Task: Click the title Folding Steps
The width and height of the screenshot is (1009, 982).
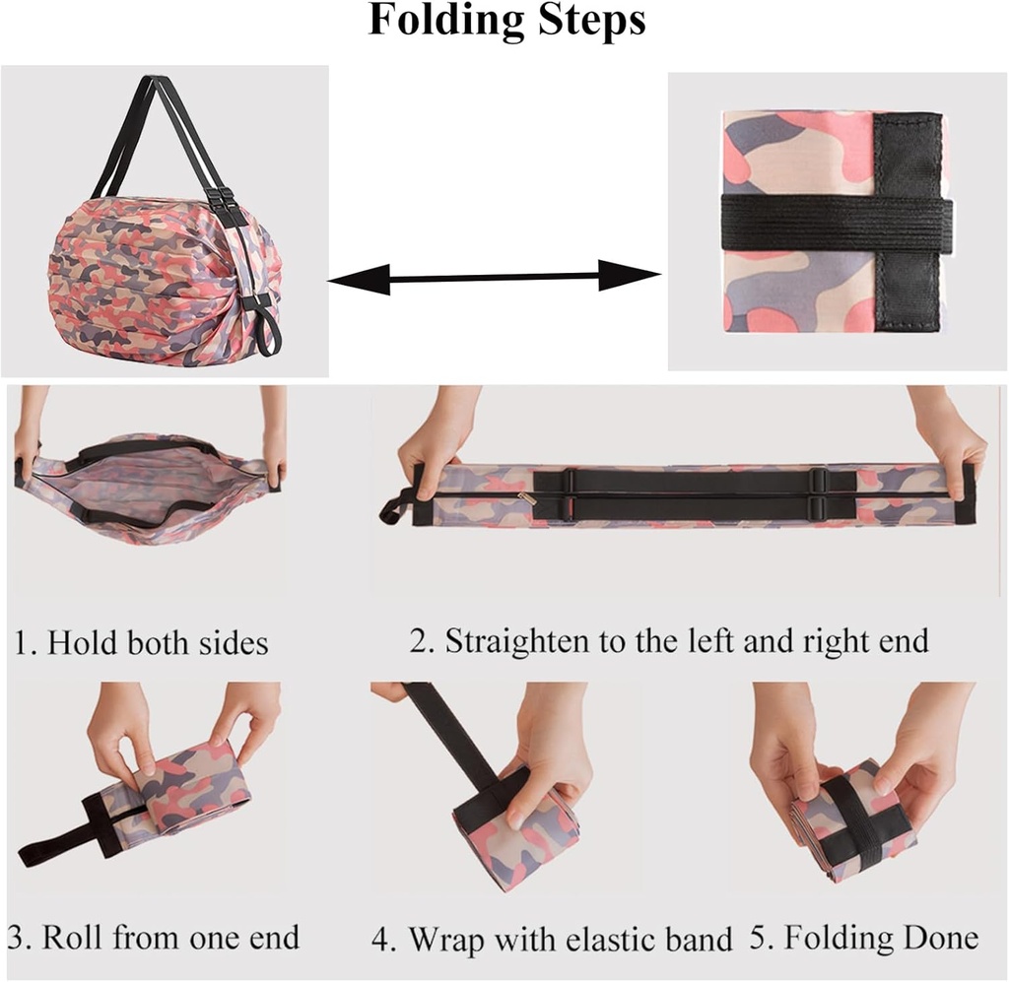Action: click(506, 22)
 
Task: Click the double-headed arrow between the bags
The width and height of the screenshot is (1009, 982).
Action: click(494, 280)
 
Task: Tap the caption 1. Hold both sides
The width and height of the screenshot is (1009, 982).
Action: click(141, 643)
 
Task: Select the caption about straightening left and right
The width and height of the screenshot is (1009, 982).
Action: click(669, 641)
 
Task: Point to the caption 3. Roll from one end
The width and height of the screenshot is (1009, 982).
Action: click(154, 936)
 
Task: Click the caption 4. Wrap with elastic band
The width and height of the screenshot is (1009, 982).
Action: click(552, 938)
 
